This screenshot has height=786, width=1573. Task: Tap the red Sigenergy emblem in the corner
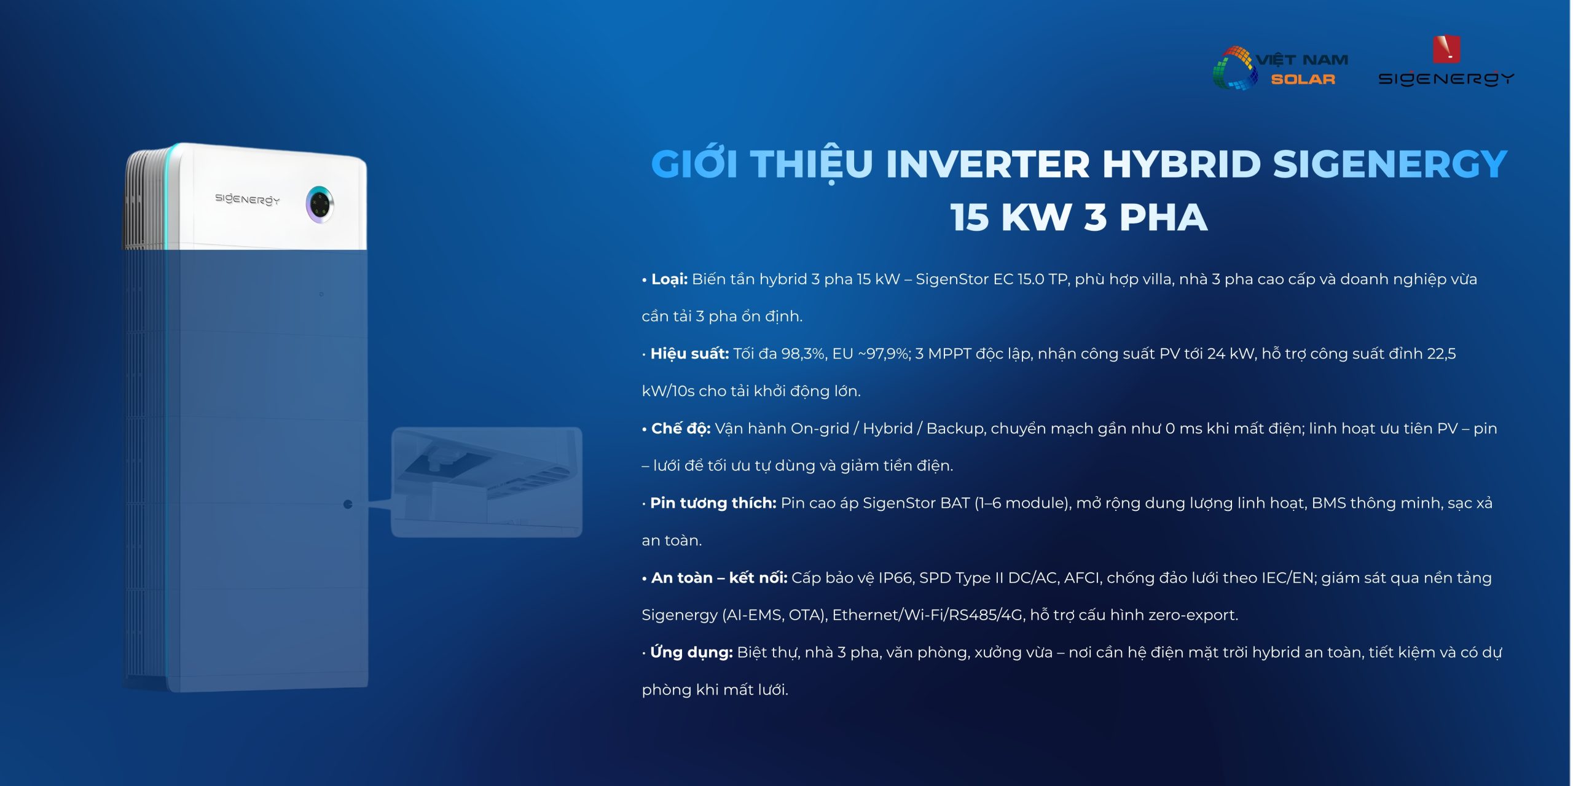(1446, 50)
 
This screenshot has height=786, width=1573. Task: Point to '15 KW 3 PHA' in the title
(1078, 217)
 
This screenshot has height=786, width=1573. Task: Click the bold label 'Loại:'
(669, 279)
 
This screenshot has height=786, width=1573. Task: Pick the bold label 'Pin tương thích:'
(713, 503)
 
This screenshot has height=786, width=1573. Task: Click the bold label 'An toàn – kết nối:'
(719, 578)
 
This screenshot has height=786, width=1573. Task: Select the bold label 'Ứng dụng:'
(691, 652)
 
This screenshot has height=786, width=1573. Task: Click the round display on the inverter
(320, 204)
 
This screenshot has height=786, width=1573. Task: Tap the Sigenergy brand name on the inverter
(247, 199)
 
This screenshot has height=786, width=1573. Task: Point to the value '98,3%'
(803, 354)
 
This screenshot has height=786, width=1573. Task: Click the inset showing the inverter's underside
(487, 482)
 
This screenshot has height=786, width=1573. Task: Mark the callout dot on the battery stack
(348, 504)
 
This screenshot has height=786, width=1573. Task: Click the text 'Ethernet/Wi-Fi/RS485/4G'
(928, 615)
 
